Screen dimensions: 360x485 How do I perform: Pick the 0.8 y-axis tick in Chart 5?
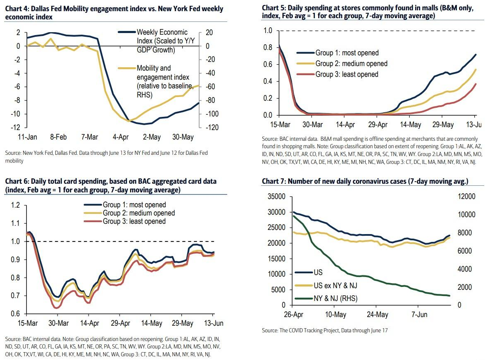tap(269, 47)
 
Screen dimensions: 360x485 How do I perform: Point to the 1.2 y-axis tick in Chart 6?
tap(15, 205)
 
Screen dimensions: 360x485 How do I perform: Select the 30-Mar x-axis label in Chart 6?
tap(59, 322)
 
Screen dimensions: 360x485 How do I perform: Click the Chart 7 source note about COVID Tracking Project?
tap(325, 330)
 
